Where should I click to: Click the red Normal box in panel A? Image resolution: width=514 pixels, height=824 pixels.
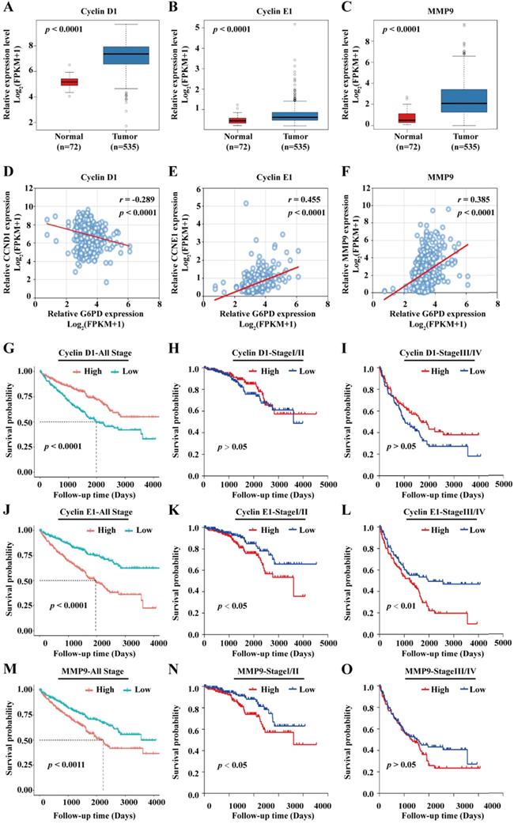pos(47,81)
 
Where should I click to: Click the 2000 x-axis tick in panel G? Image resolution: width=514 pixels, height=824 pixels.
pos(96,484)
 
